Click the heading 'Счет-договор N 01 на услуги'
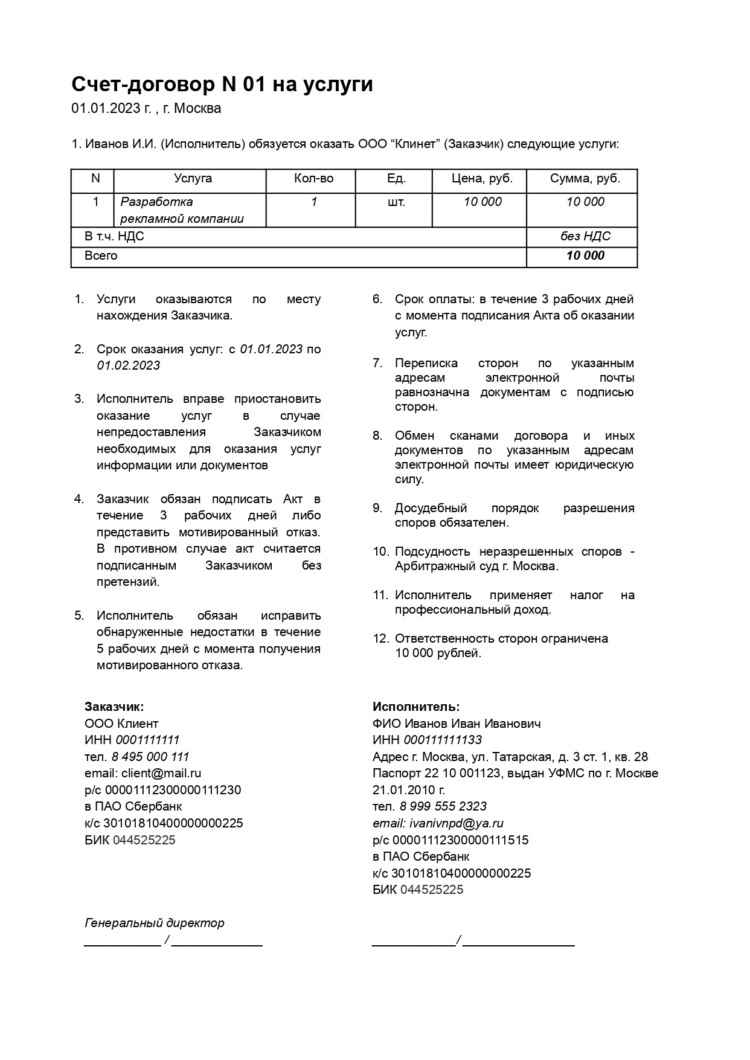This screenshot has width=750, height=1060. pos(222,84)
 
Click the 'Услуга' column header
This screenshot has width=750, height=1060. pos(193,179)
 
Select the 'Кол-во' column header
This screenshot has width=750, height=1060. pos(313,179)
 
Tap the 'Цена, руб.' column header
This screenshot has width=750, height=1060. pos(482,179)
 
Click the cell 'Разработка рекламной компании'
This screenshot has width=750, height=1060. pos(182,210)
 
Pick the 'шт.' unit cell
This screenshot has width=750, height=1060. pos(396,202)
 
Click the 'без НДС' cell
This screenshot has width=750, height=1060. pos(585,236)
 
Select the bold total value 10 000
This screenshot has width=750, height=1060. pos(585,255)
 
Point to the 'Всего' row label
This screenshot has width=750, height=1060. pos(101,255)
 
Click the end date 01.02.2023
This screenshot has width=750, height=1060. pos(129,365)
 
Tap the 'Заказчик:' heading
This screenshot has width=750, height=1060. pos(114,707)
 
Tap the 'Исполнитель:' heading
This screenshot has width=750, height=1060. pos(416,707)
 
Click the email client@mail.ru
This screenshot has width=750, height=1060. pos(161,773)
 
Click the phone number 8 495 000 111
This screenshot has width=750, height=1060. pos(150,757)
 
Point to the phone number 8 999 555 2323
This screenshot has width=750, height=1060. pos(443,806)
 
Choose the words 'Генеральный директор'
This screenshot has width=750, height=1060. pos(155,923)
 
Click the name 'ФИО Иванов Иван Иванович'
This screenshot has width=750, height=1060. pos(457,724)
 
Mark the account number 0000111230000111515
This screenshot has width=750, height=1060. pos(460,840)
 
